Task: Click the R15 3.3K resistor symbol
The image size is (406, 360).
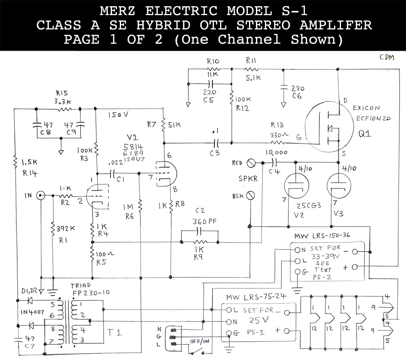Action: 65,109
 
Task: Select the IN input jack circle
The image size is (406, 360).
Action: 41,196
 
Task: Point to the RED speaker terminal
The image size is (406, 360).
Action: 251,162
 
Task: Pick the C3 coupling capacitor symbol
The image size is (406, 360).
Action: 216,143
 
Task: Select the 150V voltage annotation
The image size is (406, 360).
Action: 119,115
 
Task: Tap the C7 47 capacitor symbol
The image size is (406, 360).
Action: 18,339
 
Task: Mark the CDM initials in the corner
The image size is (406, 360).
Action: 386,58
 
